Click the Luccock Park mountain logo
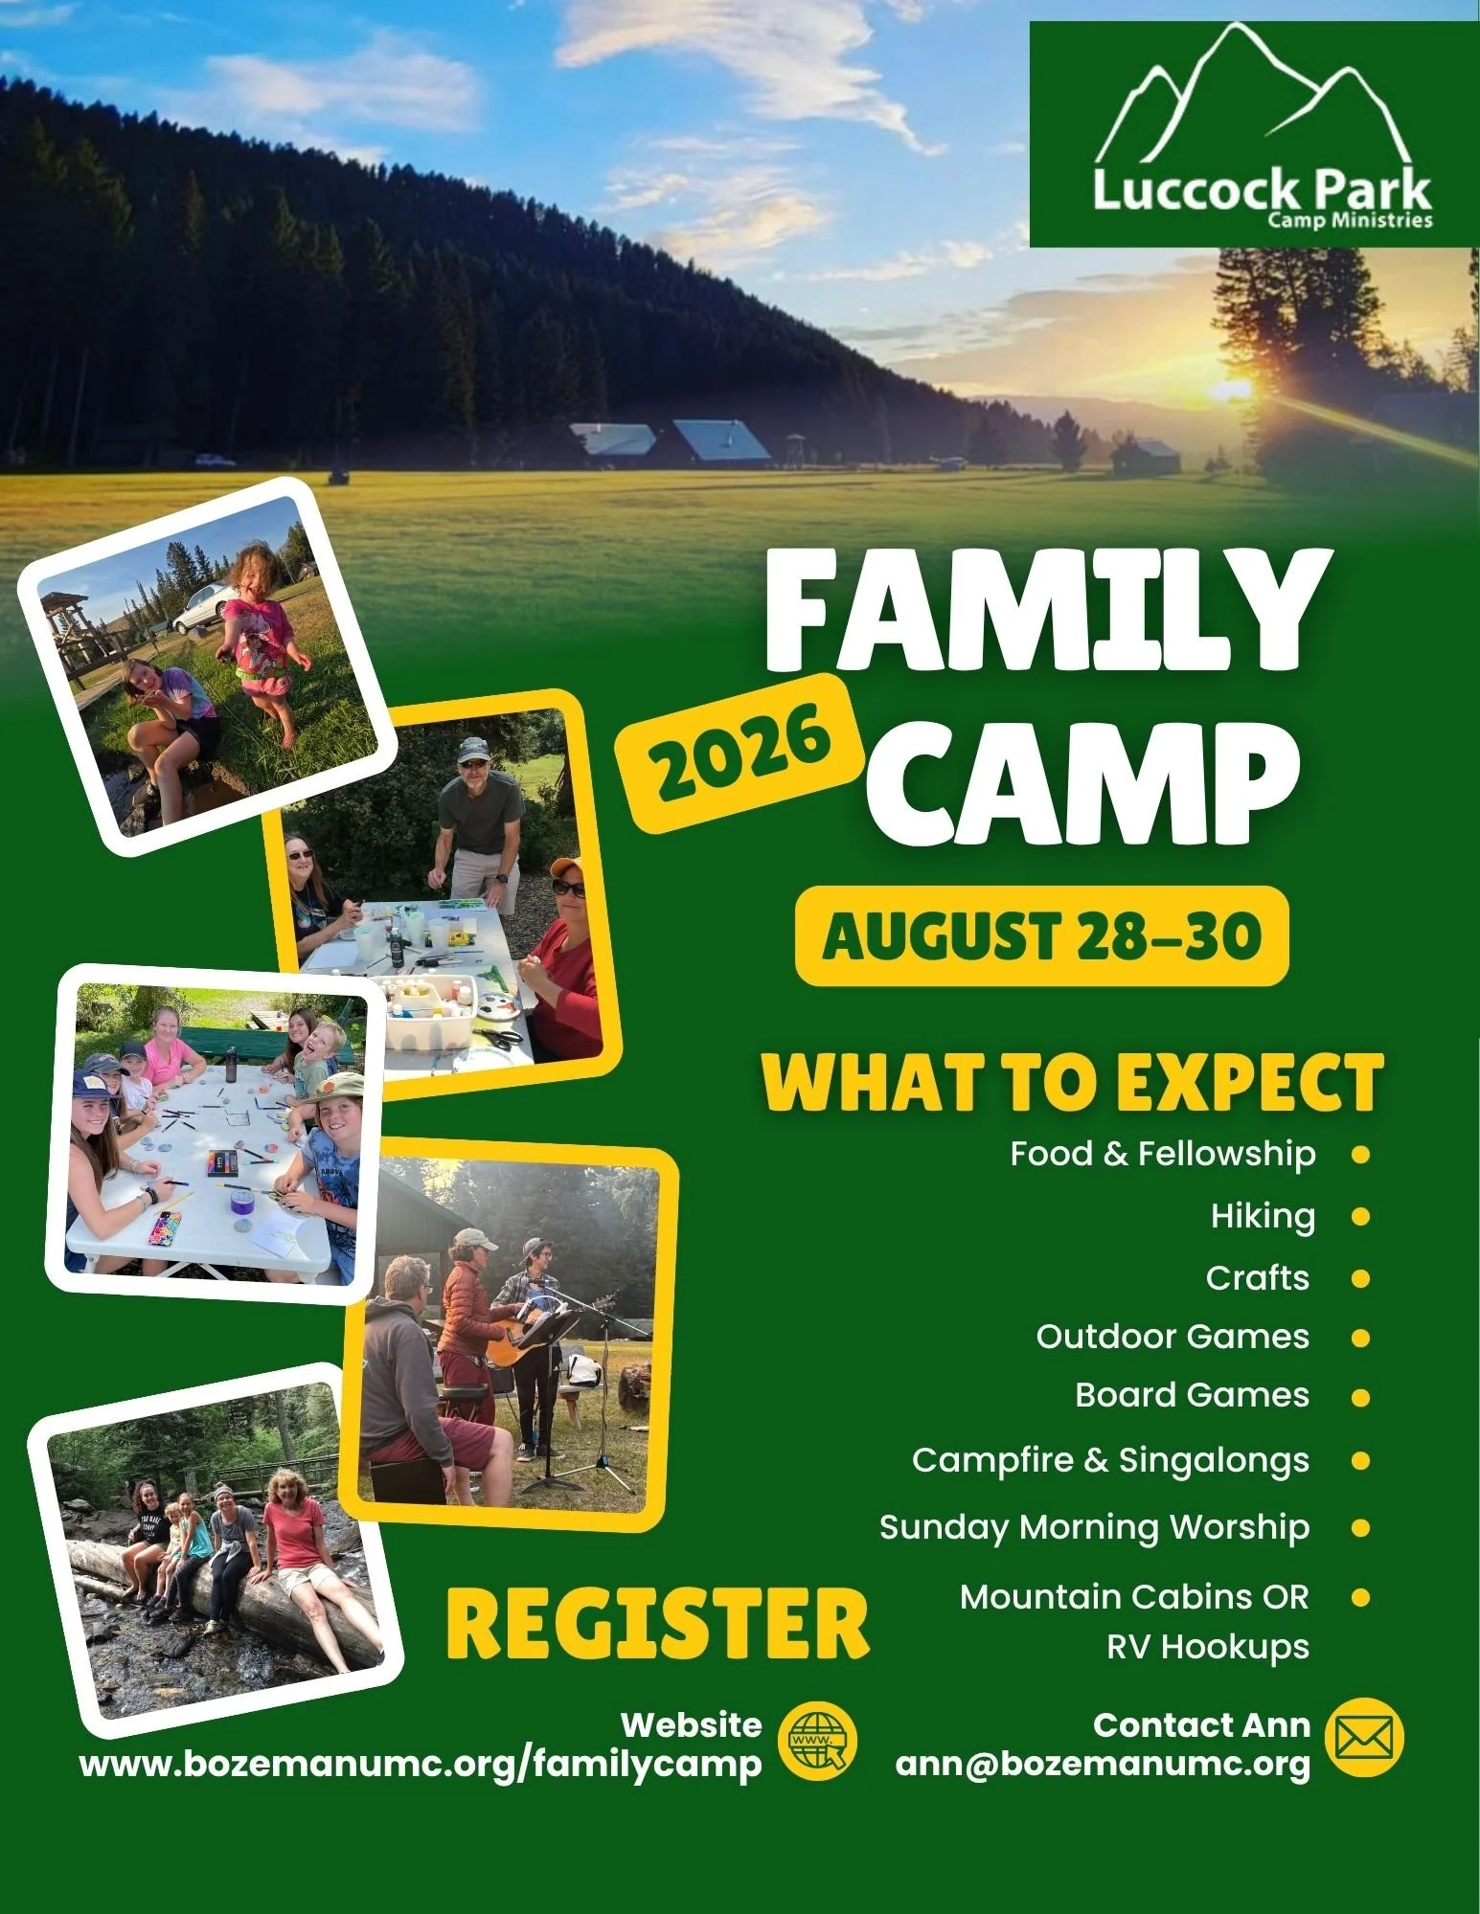1254,134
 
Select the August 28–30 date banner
1041,935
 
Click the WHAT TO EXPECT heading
1073,1082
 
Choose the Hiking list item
1263,1216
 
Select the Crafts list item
1258,1278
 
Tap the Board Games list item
1192,1395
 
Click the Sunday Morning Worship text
1094,1527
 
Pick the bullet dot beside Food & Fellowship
1359,1155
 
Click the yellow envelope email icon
1364,1737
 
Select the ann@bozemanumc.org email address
1103,1764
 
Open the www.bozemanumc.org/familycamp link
421,1764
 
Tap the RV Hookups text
1208,1647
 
